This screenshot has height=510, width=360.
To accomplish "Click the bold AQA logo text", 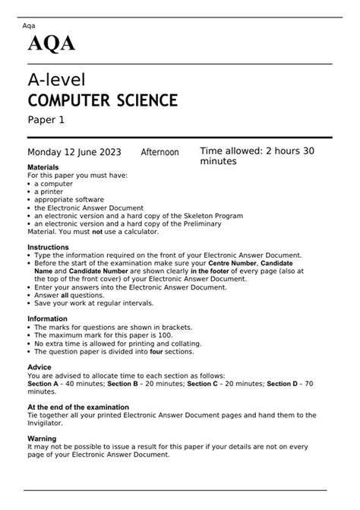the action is coord(52,44).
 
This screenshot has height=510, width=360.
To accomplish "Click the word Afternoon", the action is coord(159,153).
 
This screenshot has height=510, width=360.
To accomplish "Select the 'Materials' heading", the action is coord(43,167).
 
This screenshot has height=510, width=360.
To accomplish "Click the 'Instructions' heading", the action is coord(48,248).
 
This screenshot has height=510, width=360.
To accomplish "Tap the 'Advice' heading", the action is coord(39,368).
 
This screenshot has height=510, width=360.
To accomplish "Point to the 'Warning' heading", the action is coord(42,439).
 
